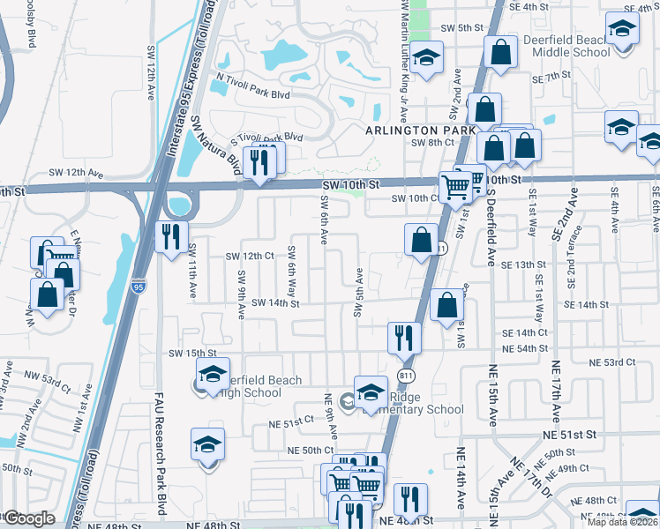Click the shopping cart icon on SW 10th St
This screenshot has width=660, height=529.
[456, 186]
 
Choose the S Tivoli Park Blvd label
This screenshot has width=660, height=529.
[266, 138]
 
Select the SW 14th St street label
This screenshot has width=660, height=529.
[276, 303]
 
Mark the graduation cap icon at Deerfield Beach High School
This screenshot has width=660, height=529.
[213, 374]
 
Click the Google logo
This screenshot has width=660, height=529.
[29, 518]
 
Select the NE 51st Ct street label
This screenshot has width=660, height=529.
[290, 422]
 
